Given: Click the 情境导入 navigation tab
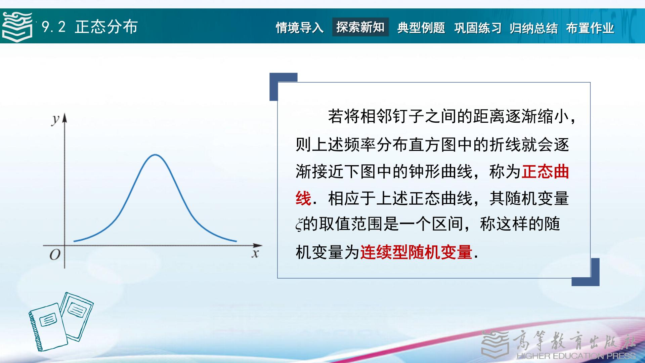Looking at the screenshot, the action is [x=300, y=28].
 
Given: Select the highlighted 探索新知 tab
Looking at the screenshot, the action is [x=360, y=27].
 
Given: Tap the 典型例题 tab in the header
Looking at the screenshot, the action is [x=421, y=28].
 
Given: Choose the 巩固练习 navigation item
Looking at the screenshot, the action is [x=478, y=28].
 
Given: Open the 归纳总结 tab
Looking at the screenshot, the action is [x=534, y=28].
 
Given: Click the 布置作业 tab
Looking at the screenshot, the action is [x=590, y=28].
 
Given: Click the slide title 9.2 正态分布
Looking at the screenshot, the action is [x=90, y=27].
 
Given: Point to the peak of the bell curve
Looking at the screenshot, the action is [x=155, y=155].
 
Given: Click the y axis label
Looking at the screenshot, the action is [x=55, y=119].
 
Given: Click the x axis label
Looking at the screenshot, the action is [x=255, y=254].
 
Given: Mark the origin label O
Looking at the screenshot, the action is [x=55, y=255].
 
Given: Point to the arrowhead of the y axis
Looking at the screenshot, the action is [x=64, y=117].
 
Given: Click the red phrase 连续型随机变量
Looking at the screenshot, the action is [x=416, y=252].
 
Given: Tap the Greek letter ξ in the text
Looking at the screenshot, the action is [x=299, y=225].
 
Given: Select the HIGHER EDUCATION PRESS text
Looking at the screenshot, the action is [x=576, y=356].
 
